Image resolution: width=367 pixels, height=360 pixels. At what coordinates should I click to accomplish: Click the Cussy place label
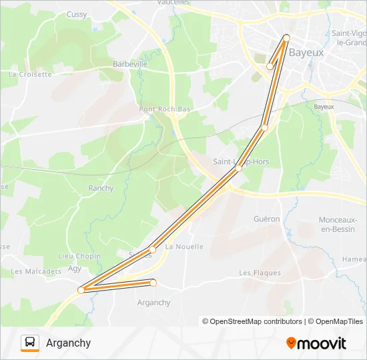tap(77, 14)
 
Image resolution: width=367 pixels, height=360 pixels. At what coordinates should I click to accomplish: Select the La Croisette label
tap(30, 75)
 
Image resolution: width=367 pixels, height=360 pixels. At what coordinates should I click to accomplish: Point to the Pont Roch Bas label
tap(165, 109)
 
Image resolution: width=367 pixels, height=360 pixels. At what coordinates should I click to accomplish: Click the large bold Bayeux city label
tap(306, 52)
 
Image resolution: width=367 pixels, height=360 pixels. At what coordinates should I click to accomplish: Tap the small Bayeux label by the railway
tap(324, 107)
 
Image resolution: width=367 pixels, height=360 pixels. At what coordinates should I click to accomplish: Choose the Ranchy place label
tap(101, 189)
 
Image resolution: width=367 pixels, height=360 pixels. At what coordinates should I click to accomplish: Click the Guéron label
tap(267, 219)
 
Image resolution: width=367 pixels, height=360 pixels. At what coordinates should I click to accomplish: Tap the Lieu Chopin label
tap(79, 256)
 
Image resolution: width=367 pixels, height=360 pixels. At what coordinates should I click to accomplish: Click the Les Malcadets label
tap(36, 271)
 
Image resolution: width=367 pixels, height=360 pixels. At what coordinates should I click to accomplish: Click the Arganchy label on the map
tap(153, 303)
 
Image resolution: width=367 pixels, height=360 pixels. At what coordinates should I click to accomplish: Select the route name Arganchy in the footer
tap(69, 343)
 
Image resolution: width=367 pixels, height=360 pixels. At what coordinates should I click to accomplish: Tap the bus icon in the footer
tap(30, 343)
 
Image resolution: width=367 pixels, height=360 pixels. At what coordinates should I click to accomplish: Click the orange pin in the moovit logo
tap(291, 343)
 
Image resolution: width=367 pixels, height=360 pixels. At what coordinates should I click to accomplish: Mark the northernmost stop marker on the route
tap(286, 37)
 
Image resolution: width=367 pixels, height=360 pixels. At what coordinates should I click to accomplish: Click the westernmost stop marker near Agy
tap(81, 290)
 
